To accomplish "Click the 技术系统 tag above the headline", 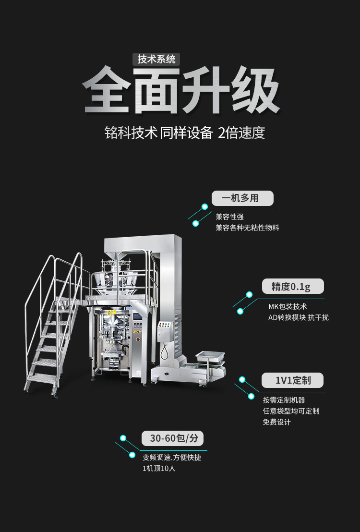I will click(x=156, y=59).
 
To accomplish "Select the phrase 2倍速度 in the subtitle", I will click(x=241, y=133).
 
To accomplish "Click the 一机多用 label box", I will click(x=242, y=198).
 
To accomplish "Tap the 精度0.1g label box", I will click(x=292, y=287).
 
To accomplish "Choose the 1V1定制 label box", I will click(x=292, y=380).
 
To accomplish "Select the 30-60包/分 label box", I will click(x=173, y=438).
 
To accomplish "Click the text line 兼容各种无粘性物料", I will click(x=247, y=228).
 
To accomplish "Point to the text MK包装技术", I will click(x=288, y=306).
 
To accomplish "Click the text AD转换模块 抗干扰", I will click(x=298, y=317).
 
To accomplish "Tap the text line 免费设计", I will click(x=276, y=422).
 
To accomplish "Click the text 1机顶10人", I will click(x=159, y=468).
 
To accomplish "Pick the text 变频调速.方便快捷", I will click(x=172, y=457).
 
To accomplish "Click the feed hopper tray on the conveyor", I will click(x=210, y=356).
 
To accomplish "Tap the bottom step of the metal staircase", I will click(x=41, y=379).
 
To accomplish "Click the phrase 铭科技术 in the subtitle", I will click(x=131, y=133).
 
